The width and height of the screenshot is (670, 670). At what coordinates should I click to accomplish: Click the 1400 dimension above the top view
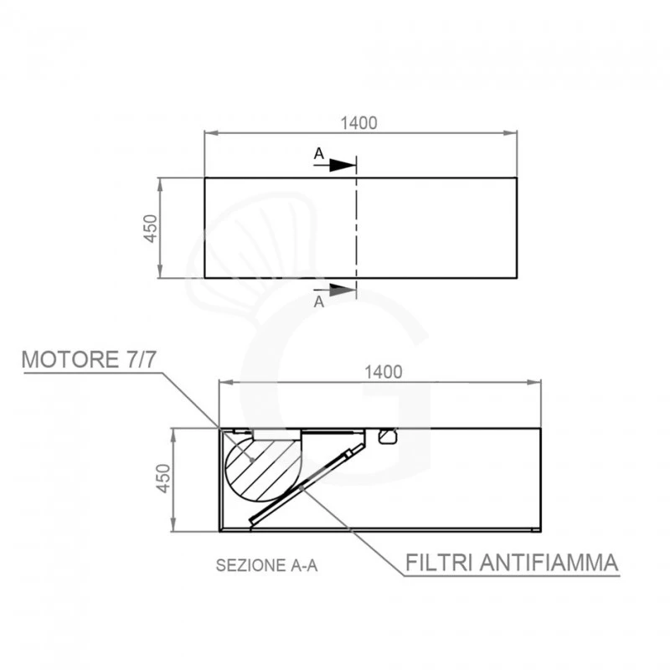point(359,122)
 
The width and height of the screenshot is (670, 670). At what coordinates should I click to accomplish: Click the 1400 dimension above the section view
point(384,371)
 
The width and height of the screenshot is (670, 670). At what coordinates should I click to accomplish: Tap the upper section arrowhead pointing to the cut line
point(343,165)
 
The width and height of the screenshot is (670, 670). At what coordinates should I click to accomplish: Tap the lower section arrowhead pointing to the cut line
point(343,290)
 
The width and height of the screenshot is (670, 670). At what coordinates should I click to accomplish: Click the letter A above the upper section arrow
point(319,154)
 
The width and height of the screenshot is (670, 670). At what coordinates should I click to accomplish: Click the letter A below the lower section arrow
point(319,303)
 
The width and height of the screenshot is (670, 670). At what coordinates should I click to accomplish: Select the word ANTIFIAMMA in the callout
point(549,561)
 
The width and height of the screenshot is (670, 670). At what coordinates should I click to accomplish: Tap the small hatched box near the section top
point(388,436)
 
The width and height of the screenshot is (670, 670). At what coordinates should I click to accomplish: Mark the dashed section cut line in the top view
point(357,228)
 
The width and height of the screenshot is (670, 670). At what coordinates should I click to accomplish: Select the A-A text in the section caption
point(304,565)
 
